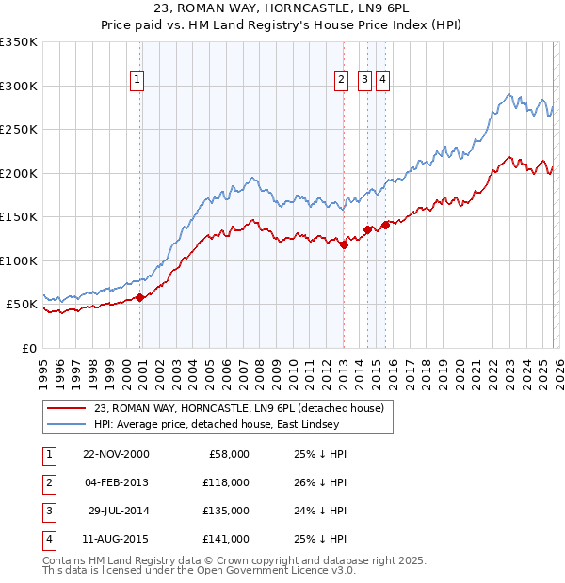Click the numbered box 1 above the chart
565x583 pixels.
137,81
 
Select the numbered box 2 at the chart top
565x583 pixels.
340,81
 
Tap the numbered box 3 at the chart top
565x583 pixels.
364,81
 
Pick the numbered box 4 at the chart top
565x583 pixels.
383,81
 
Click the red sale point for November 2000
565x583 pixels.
140,297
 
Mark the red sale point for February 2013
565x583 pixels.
344,245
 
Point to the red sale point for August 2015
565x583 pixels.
385,226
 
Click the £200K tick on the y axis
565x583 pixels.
19,173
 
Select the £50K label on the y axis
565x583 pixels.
22,305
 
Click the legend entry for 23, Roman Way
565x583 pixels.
238,408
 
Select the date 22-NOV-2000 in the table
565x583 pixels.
116,454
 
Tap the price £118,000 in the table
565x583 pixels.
226,481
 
